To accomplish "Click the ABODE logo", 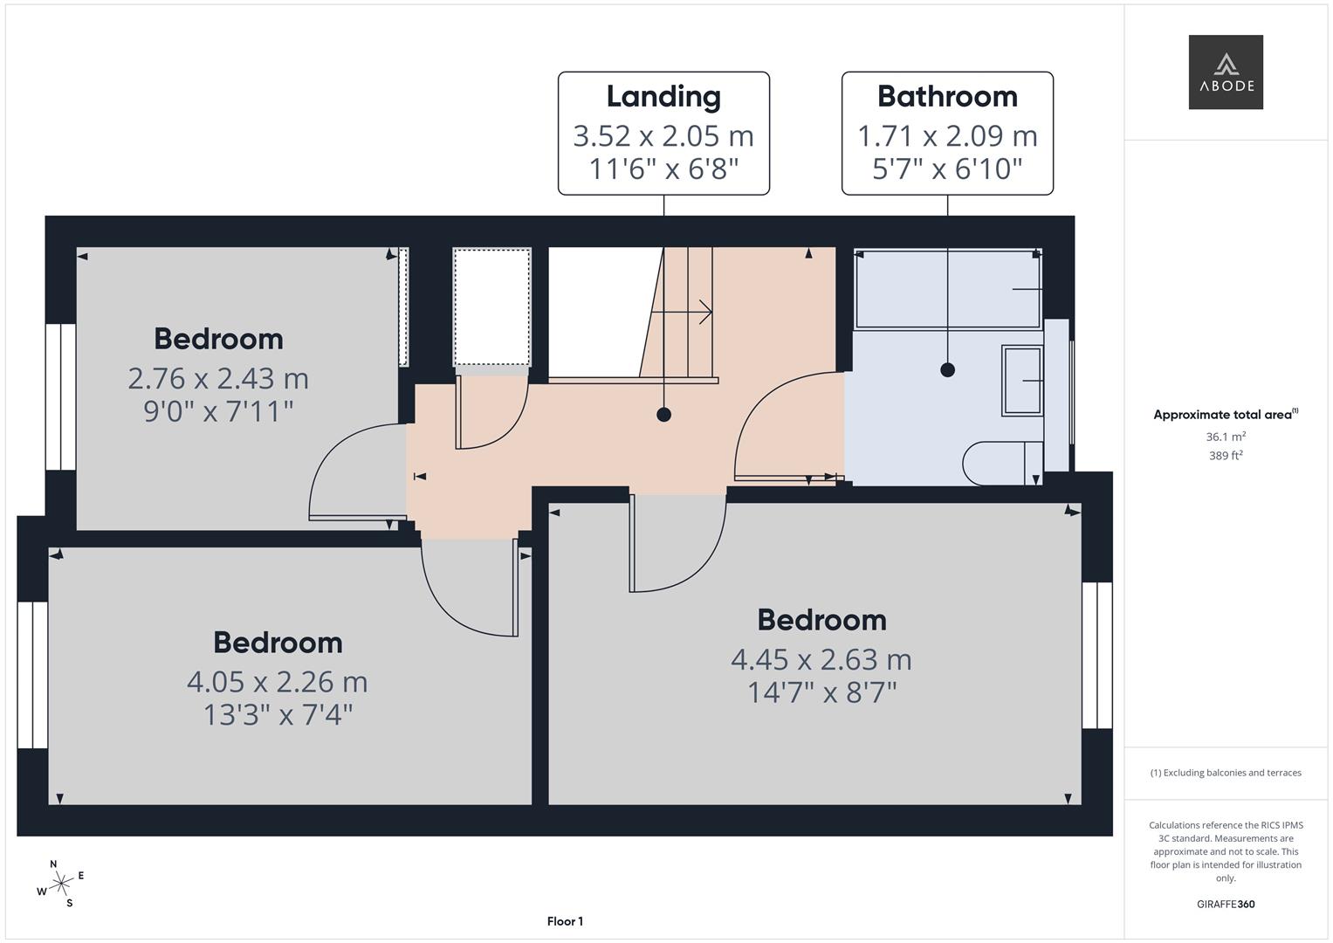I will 1225,72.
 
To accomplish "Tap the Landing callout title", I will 663,97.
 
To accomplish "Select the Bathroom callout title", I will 947,97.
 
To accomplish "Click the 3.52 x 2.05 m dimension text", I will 663,136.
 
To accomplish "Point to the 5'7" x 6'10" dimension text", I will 947,169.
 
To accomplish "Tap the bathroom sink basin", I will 1021,380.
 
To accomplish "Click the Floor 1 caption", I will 565,921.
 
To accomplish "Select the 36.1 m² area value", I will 1226,437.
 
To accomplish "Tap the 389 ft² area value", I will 1226,456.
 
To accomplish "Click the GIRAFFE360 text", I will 1226,905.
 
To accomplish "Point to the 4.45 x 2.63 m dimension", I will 821,660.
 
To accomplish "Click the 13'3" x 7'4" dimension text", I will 278,715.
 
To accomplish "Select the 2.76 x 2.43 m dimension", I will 218,379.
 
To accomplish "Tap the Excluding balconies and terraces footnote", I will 1226,773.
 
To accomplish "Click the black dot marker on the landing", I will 663,415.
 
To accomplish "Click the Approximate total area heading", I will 1224,415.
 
